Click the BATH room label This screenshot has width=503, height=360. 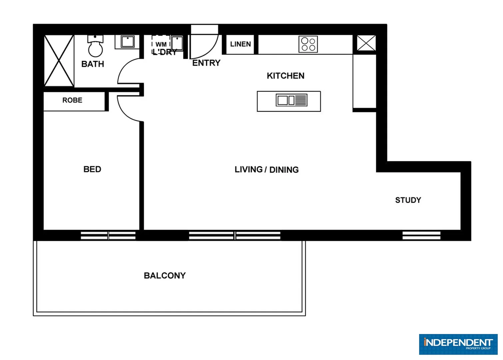93,64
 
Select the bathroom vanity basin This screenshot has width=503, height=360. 127,42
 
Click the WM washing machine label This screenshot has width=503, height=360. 161,44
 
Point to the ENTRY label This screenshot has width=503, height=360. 206,63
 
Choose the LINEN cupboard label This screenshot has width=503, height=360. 240,44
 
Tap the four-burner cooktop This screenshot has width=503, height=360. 308,44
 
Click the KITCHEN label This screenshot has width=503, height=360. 285,76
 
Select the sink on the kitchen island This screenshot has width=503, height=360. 291,100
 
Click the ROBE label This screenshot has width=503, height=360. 72,100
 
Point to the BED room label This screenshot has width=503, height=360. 92,169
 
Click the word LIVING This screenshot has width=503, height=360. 249,170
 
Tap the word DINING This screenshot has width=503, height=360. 284,170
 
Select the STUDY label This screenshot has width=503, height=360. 408,200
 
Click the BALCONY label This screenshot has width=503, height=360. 165,276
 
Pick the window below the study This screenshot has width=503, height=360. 421,235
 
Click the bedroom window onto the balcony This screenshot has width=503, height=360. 108,236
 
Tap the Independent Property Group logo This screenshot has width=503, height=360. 458,344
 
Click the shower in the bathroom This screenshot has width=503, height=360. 59,61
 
